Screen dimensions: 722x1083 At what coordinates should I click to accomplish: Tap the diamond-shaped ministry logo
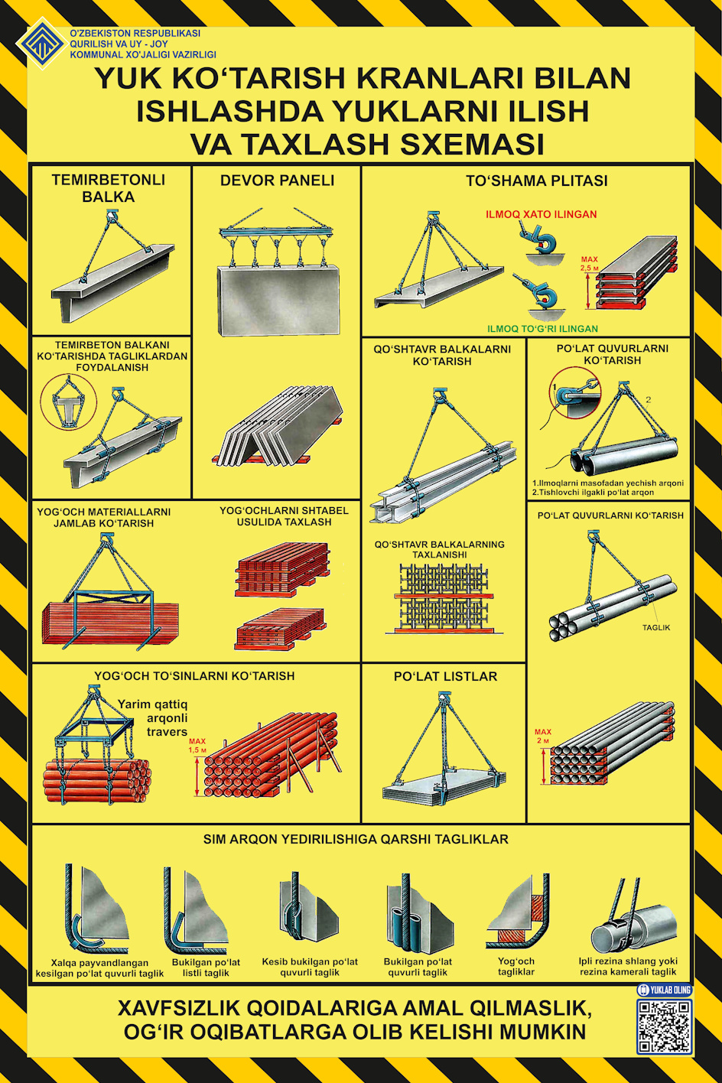tap(41, 43)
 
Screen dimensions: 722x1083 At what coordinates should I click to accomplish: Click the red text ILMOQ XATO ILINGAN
tap(541, 214)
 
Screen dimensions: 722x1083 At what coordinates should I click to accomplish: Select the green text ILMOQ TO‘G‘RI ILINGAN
tap(542, 329)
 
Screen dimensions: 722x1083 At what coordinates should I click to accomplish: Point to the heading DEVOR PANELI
tap(277, 180)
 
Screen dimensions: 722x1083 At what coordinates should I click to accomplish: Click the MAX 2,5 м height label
tap(589, 264)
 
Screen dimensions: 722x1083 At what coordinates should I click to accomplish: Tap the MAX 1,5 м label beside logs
tap(197, 746)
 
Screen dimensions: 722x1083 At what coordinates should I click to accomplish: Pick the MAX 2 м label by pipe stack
tap(543, 737)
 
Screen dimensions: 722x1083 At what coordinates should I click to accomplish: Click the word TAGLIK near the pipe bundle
tap(655, 628)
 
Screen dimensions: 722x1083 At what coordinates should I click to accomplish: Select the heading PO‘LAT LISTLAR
tap(445, 676)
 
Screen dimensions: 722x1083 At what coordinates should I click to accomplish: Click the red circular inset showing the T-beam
tap(68, 402)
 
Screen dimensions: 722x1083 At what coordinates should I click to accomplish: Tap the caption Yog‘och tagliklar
tap(516, 967)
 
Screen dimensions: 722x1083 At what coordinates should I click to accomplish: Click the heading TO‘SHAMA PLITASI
tap(537, 180)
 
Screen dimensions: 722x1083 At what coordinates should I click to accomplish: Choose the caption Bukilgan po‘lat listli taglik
tap(206, 968)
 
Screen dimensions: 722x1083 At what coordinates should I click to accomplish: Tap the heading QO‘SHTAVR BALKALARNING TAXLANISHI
tap(440, 549)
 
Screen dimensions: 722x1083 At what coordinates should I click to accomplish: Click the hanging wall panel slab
tap(278, 300)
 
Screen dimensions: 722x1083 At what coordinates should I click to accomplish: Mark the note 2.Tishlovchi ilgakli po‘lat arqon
tap(593, 493)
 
